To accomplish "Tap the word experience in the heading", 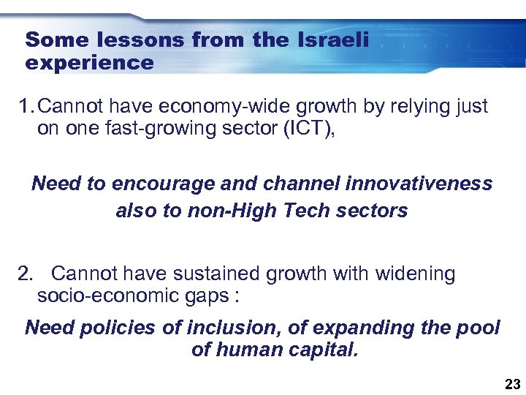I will click(89, 63).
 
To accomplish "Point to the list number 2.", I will click(26, 274).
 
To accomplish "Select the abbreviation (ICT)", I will click(306, 129).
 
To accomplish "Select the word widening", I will click(415, 274).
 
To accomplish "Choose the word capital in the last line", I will click(324, 350).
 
